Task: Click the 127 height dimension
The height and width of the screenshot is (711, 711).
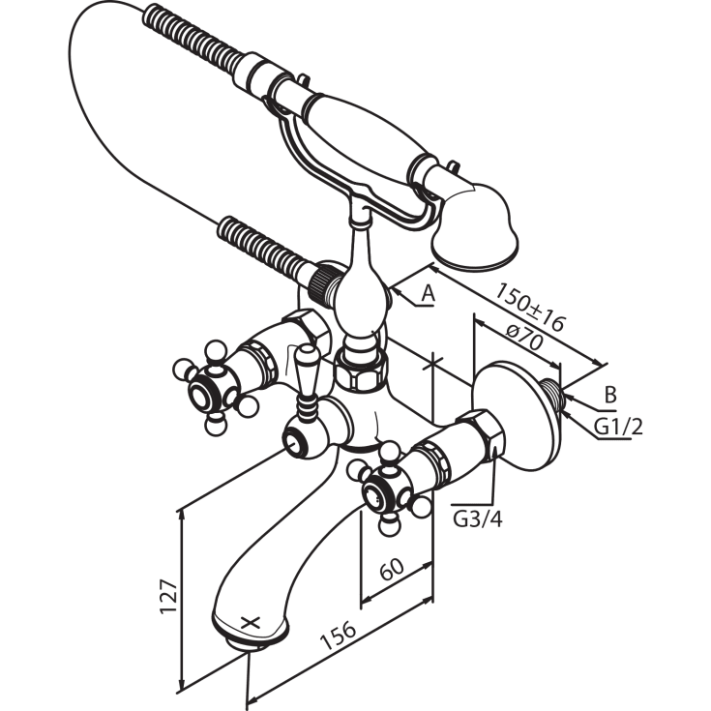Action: coord(168,595)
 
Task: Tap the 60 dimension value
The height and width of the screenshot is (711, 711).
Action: coord(392,569)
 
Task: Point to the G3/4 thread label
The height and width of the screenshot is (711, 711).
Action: coord(478,519)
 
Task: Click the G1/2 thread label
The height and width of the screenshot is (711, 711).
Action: coord(618,428)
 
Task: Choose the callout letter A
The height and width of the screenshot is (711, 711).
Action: coord(428,294)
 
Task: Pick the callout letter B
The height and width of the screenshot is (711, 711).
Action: coord(610,395)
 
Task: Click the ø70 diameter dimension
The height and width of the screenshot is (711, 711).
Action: coord(524,338)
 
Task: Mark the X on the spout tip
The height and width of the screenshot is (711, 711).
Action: coord(251,623)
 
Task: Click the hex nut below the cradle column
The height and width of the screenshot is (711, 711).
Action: coord(362,370)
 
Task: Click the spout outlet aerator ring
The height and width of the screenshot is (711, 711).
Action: coord(251,642)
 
